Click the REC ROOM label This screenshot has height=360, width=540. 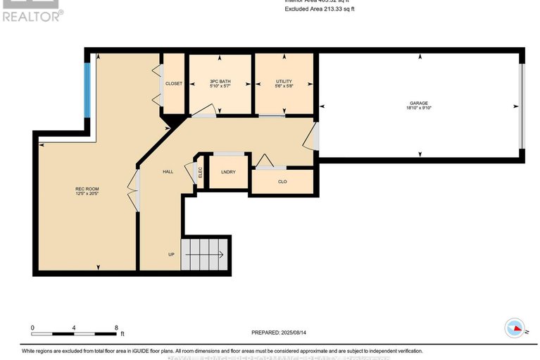point(85,189)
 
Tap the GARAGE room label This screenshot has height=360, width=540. point(420,103)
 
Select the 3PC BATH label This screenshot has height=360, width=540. point(220,82)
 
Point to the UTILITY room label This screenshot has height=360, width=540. point(284,82)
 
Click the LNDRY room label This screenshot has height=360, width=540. point(228,172)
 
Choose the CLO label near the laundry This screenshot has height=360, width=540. point(282,181)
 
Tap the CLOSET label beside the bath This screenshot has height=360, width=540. point(174,84)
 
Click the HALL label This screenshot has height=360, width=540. point(168,171)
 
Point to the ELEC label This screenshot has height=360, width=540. point(201,172)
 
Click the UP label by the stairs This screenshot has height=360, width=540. point(171,254)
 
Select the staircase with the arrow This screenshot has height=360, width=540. point(206,254)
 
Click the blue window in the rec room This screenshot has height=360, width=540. point(87,91)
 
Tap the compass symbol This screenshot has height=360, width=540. point(515,328)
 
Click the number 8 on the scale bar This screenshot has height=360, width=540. point(115,328)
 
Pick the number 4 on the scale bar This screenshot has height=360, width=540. point(74,328)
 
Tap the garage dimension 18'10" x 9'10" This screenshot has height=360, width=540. point(420,108)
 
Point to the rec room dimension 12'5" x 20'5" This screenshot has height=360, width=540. point(85,194)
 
